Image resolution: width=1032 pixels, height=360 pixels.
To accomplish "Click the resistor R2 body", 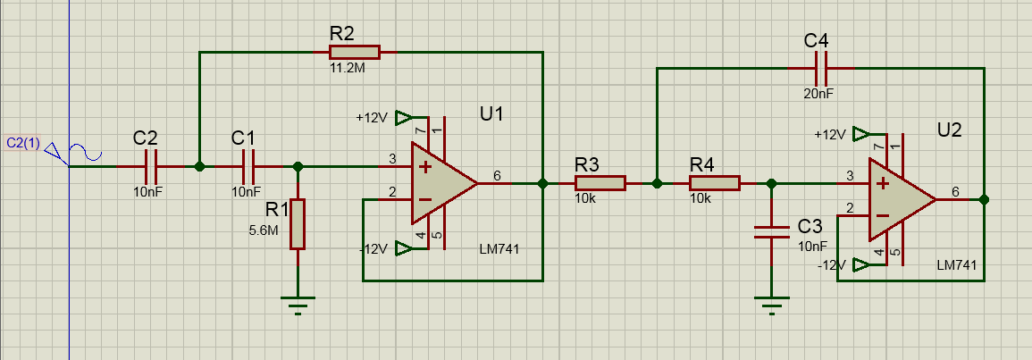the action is click(x=354, y=52).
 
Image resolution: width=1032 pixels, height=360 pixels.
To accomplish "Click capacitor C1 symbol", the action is click(x=248, y=167).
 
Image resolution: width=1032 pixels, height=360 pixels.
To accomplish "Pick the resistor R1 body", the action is click(x=298, y=223).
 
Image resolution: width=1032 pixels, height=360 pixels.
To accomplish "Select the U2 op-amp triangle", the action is click(x=901, y=199).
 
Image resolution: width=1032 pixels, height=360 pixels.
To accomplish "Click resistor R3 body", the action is click(x=600, y=183).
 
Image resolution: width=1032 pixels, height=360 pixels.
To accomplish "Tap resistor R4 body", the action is click(x=714, y=183).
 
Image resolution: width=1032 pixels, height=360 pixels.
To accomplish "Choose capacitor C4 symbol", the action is click(x=821, y=68).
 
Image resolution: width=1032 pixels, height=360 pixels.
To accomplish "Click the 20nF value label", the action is click(x=818, y=94).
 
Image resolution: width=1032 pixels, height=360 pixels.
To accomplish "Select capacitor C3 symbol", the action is click(x=771, y=231).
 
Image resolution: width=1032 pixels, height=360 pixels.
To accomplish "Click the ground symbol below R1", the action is click(x=298, y=305).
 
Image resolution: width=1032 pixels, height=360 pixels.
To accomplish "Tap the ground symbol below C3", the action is click(x=771, y=305).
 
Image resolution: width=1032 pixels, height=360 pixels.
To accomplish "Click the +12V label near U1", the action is click(x=372, y=119).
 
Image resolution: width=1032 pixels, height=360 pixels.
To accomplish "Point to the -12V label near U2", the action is click(x=831, y=265).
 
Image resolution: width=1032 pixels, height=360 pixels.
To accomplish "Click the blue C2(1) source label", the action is click(x=24, y=143).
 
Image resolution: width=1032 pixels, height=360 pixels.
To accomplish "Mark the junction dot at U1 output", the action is click(x=542, y=184).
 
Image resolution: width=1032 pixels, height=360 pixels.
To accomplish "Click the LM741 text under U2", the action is click(x=956, y=264).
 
